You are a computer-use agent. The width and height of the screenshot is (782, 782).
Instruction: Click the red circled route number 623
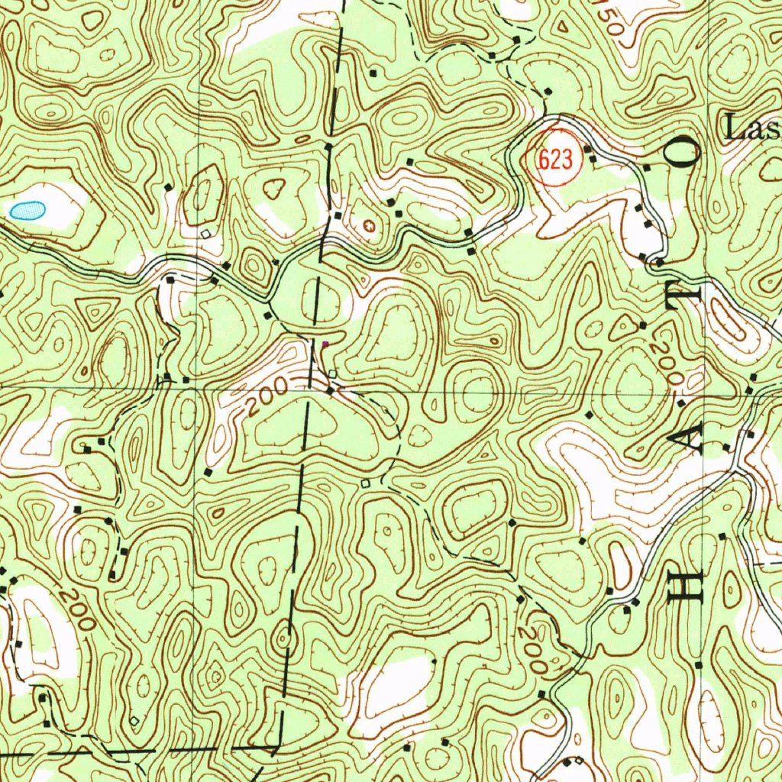point(555,160)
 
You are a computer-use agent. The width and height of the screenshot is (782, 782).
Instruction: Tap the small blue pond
point(26,209)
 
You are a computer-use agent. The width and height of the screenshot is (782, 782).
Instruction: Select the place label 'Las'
point(753,128)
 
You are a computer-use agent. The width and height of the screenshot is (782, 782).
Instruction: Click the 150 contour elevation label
point(610,23)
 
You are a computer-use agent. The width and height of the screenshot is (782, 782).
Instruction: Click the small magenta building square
point(325,344)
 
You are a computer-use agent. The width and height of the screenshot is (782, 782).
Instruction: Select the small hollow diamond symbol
point(135,719)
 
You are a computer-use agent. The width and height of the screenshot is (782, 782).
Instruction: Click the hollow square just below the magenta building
point(332,373)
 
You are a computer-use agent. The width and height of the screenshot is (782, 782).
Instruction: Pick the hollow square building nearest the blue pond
point(205,233)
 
